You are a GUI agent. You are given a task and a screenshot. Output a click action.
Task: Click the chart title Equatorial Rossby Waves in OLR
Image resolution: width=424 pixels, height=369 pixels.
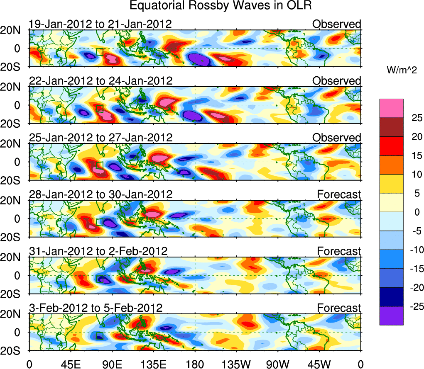pos(221,6)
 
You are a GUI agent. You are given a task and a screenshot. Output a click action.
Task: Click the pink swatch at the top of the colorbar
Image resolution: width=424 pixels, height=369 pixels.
pos(391,108)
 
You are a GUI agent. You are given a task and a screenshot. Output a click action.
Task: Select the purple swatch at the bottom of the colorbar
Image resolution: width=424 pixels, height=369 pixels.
pos(391,316)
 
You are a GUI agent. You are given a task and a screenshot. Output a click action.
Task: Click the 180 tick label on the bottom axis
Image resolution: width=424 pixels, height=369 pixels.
pos(195,364)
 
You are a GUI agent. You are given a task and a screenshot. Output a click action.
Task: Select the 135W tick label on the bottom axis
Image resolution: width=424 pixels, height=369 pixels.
pos(237,364)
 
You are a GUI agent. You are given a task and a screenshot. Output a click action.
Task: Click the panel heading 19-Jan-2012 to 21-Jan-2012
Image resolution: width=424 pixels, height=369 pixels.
pos(100,24)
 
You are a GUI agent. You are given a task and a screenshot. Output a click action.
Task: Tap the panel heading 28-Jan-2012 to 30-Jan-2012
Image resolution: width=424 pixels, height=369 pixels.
pos(100,194)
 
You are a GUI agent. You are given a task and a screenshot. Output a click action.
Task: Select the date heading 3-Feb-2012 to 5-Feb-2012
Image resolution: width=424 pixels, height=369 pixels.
pos(96,308)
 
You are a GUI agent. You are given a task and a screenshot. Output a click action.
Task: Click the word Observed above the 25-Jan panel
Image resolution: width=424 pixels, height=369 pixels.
pos(336,138)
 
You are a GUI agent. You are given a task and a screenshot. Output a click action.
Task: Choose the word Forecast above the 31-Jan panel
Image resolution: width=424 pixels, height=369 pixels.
pos(339,251)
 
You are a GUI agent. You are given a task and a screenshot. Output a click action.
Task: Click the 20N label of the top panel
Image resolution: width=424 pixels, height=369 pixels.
pos(13,30)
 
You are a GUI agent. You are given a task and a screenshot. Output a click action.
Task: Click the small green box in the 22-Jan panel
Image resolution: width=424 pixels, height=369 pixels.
pos(99,109)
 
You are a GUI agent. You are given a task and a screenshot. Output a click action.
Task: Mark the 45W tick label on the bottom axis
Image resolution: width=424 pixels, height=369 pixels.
pos(320,364)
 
